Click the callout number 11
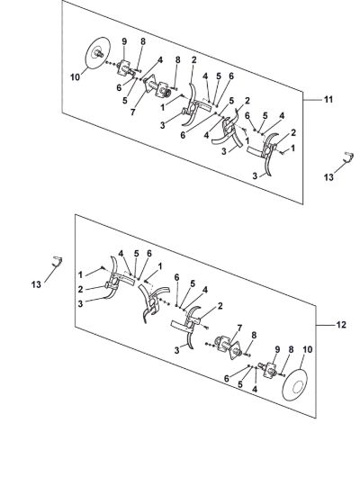coord(328,99)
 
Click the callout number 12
coord(342,325)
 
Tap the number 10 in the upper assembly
coord(76,77)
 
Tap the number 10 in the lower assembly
coord(308,349)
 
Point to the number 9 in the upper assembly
coord(124,41)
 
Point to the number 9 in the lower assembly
coord(277,349)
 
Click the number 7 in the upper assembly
coord(132,112)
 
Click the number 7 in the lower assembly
coord(239,328)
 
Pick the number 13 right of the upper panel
coord(328,177)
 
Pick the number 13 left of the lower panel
coord(36,284)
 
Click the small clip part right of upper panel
coord(348,157)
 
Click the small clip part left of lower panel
coord(58,261)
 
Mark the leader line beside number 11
coord(312,100)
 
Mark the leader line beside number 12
coord(325,325)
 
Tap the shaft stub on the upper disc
coord(100,54)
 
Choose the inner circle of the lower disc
coord(298,388)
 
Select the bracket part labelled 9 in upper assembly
coord(125,67)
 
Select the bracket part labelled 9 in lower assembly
coord(268,370)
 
